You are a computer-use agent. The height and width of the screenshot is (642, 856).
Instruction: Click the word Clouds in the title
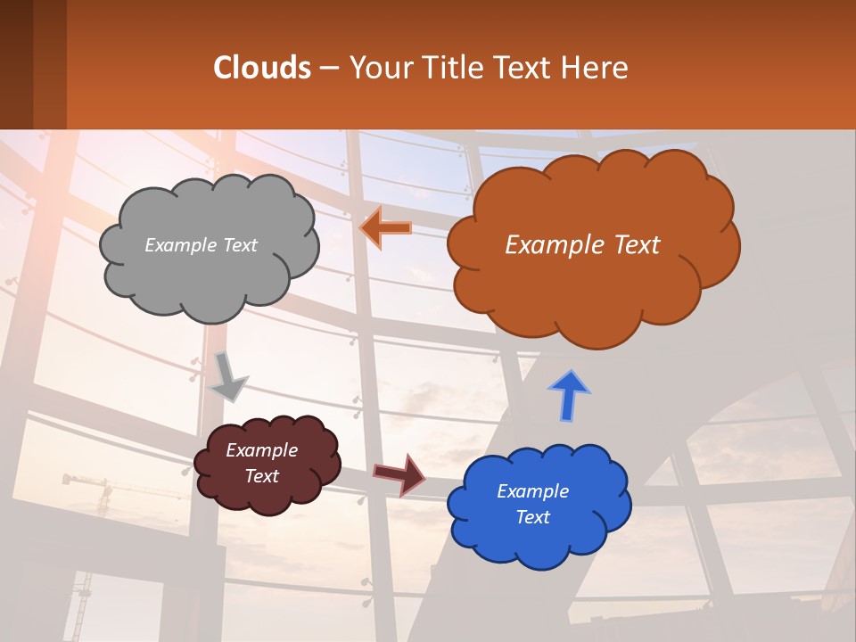[262, 68]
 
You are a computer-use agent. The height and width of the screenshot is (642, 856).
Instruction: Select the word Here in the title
[597, 68]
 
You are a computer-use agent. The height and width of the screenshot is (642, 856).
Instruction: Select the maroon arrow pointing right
[399, 473]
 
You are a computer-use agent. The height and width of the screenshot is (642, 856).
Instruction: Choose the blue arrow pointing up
[569, 396]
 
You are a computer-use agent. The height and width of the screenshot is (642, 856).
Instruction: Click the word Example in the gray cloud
[180, 245]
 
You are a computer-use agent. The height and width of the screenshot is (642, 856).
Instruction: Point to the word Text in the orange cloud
[630, 245]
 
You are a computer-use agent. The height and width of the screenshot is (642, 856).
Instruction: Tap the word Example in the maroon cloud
[261, 450]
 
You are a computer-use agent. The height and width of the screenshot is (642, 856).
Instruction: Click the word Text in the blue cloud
[532, 517]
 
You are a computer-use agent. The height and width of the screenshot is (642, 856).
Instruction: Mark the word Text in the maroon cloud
[261, 476]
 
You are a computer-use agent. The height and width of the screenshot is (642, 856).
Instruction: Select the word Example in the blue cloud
[532, 491]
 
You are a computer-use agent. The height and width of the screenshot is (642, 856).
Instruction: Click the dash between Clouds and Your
[329, 69]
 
